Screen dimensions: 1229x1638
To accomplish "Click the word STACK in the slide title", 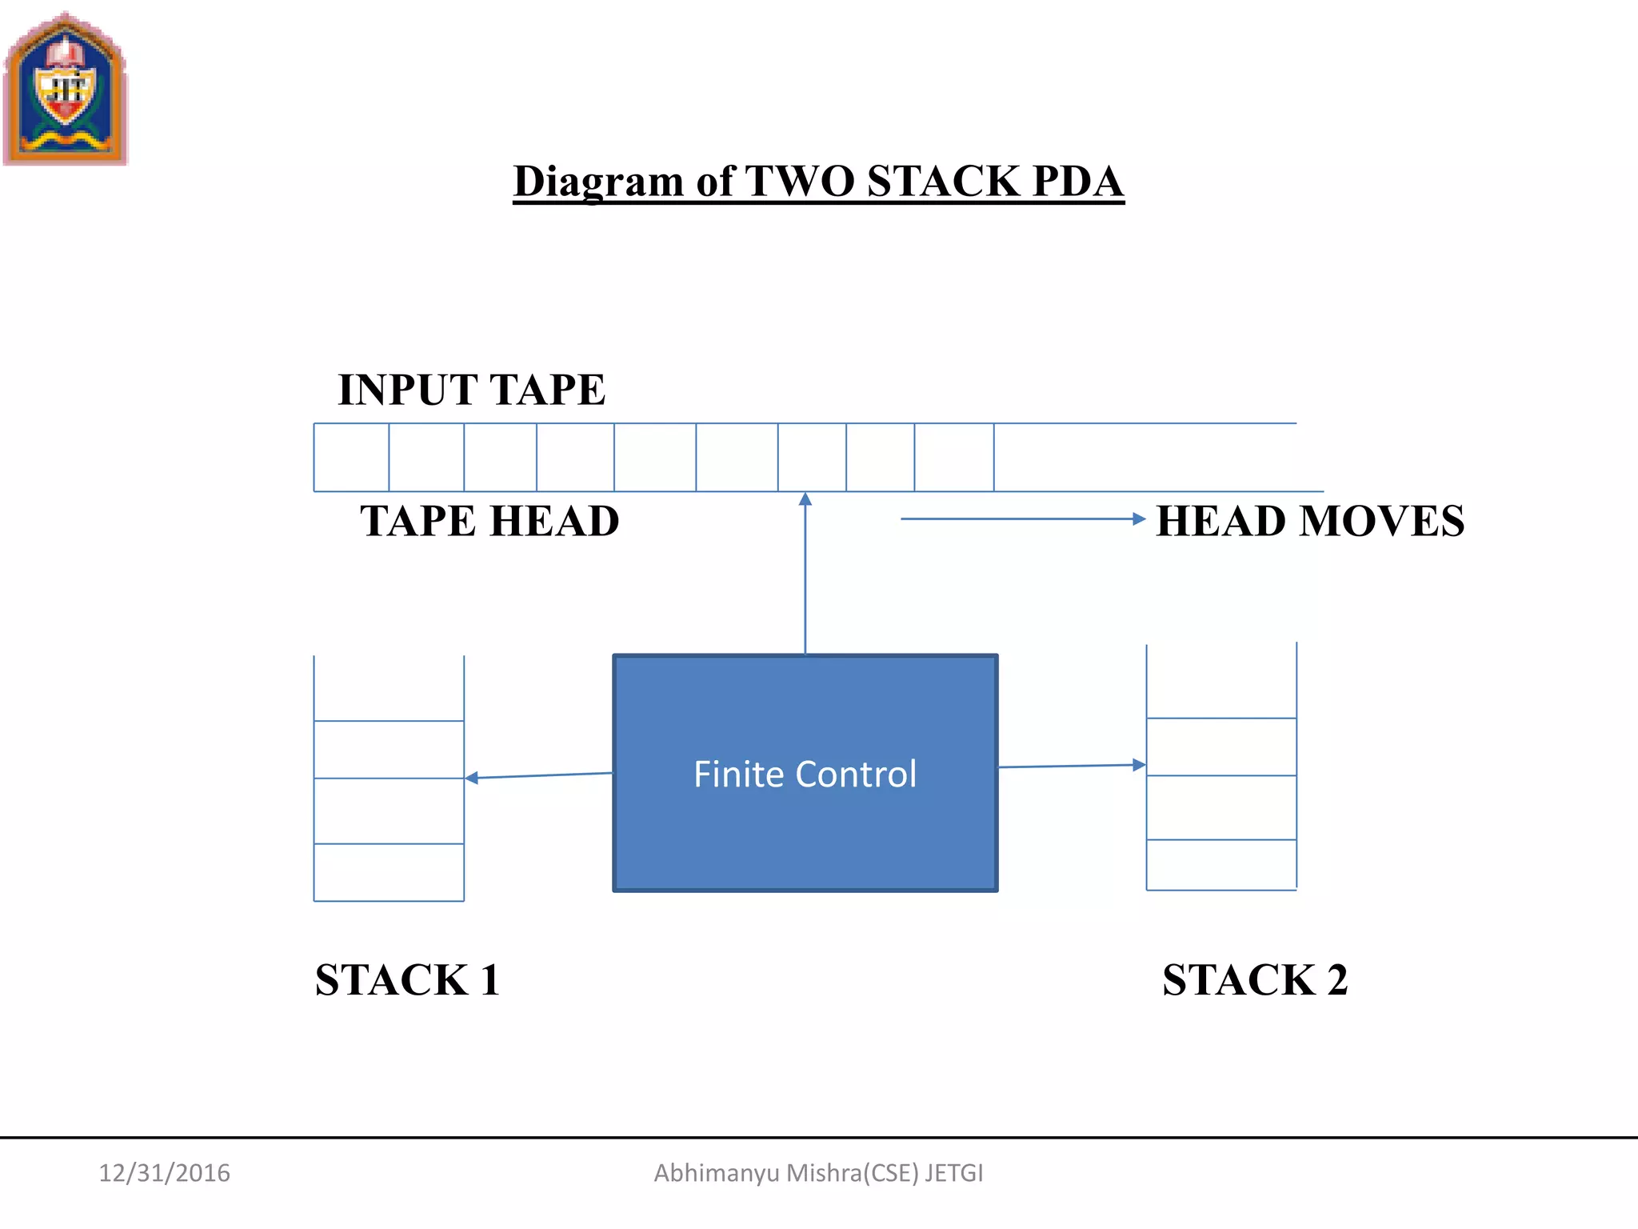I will pos(944,182).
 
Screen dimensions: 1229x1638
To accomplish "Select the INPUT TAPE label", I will pos(471,390).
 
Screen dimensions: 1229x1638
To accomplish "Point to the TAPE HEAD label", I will pos(489,522).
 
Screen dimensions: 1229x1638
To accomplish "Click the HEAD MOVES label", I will pos(1310,522).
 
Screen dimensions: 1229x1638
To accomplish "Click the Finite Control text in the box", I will pos(805,775).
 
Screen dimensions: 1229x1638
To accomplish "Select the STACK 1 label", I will pos(407,980).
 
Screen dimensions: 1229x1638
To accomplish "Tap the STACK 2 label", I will pos(1254,980).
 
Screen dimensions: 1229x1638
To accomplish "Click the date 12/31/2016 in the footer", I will pos(164,1173).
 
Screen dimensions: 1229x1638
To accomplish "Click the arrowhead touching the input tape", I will pos(805,499).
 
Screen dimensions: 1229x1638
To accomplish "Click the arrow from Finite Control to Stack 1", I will pos(538,775).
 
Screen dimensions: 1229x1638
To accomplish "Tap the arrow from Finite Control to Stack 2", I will pos(1072,766).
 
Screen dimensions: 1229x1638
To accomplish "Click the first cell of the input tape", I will pos(351,458).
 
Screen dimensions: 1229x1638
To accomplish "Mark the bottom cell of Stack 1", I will pos(389,872).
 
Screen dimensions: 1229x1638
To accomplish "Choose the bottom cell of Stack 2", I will pos(1221,865).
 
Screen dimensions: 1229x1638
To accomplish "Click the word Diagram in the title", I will pos(598,182).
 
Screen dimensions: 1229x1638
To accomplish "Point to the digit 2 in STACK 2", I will pos(1336,980).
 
